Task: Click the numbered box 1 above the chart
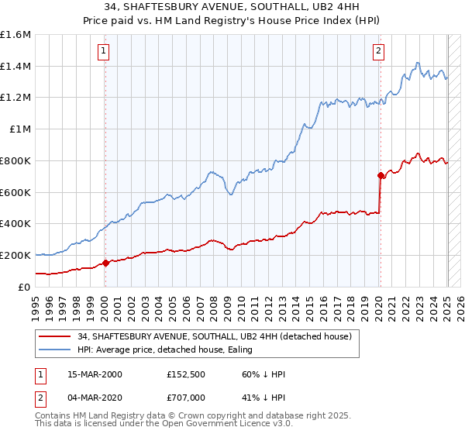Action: [103, 52]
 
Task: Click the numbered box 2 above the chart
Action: [378, 52]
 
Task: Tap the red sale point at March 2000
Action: [105, 263]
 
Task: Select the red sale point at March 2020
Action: [381, 175]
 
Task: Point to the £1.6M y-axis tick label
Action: [15, 35]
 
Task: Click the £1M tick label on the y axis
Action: [20, 129]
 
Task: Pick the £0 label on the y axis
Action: [25, 287]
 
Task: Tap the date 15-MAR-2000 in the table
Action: [95, 374]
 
